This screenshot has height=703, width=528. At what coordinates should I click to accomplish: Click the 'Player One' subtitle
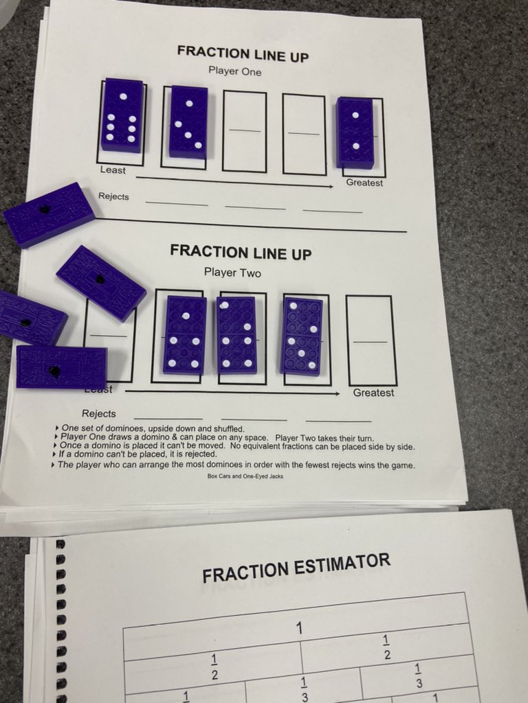[x=235, y=71]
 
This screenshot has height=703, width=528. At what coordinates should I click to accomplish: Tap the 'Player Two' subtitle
[x=232, y=272]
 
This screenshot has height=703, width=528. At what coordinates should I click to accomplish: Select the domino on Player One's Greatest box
[x=355, y=132]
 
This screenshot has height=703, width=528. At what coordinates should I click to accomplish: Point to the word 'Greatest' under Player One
[x=364, y=183]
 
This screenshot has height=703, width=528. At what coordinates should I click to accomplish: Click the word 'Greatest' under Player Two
[x=373, y=393]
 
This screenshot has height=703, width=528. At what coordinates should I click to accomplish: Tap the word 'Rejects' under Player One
[x=113, y=196]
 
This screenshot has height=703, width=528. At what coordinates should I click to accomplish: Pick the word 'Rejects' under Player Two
[x=99, y=413]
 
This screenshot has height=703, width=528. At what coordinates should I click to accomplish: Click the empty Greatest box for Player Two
[x=371, y=341]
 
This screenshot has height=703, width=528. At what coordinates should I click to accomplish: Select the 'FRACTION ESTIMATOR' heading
[x=296, y=568]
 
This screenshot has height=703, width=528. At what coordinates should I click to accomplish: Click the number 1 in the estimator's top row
[x=300, y=629]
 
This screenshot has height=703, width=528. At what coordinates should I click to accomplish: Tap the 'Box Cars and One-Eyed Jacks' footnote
[x=245, y=476]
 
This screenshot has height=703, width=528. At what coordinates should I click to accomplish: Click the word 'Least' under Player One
[x=113, y=170]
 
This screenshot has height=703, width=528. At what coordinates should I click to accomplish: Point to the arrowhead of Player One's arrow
[x=330, y=186]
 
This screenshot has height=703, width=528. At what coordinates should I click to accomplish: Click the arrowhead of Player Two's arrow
[x=336, y=393]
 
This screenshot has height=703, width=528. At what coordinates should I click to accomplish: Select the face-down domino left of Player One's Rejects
[x=49, y=214]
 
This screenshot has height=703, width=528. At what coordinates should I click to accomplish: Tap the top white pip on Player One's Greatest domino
[x=355, y=115]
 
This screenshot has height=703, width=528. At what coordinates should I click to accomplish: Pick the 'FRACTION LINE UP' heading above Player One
[x=243, y=53]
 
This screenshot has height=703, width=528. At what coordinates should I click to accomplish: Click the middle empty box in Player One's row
[x=245, y=131]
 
